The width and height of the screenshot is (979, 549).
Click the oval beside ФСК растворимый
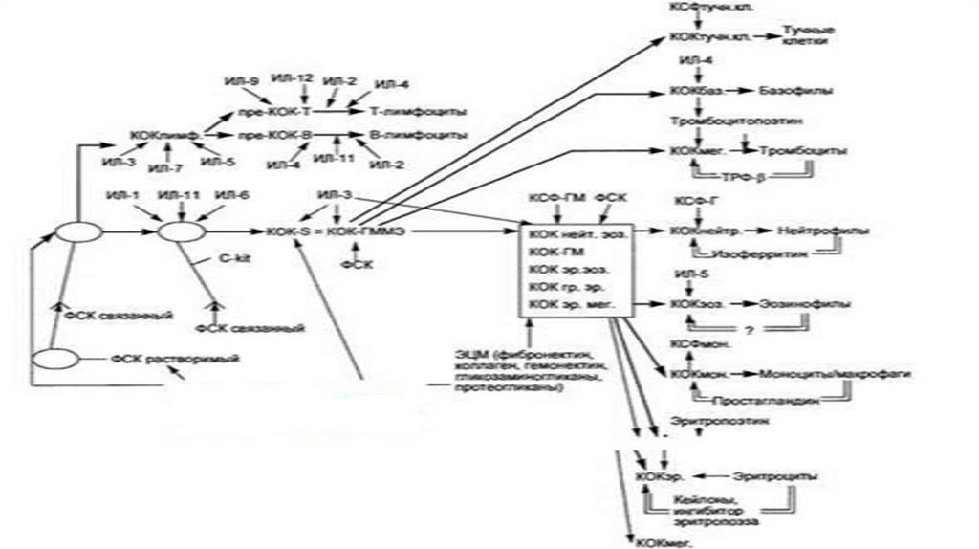point(56,361)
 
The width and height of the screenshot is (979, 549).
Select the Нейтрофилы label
point(815,231)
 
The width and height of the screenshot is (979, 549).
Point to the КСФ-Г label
point(690,201)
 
